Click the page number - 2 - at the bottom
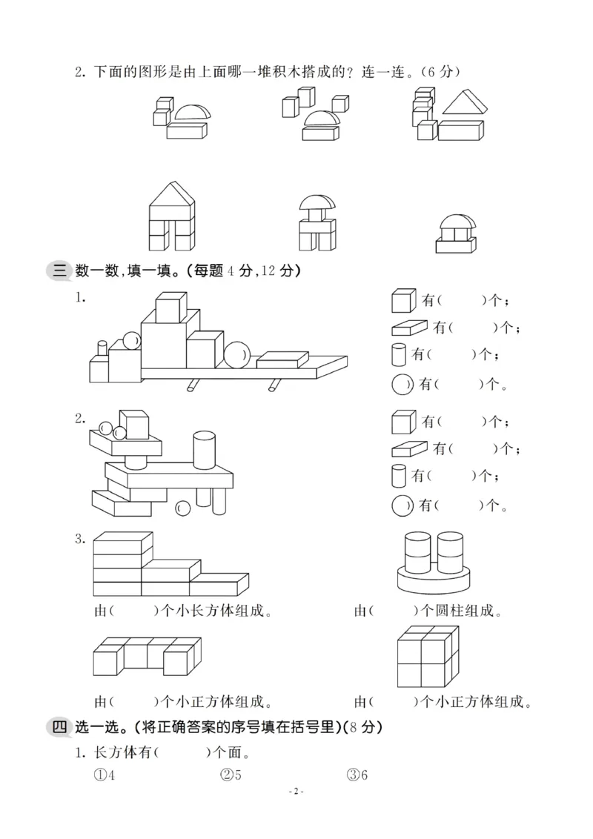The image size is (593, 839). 296,812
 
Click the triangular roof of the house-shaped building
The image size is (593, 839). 171,194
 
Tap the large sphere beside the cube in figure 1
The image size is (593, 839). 238,354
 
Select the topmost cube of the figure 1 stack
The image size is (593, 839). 170,308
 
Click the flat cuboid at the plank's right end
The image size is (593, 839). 282,358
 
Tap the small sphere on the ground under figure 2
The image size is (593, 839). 182,508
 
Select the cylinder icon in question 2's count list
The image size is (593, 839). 399,475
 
